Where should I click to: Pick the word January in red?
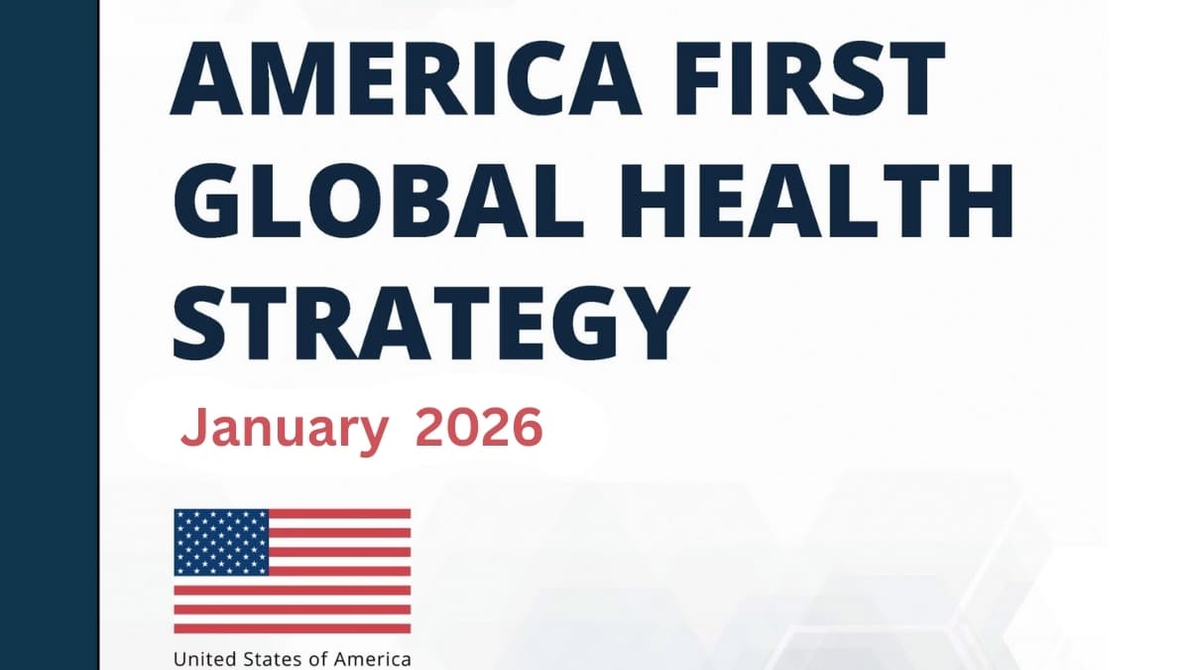284,430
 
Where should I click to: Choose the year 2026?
480,429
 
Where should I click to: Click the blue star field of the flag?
221,542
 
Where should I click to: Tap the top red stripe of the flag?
339,514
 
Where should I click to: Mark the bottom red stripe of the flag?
293,628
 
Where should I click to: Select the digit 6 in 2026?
529,429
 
